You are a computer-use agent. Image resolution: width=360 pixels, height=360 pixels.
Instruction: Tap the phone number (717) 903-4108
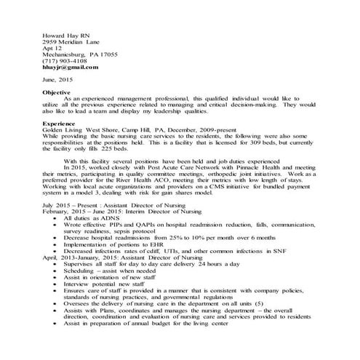click(x=66, y=62)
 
